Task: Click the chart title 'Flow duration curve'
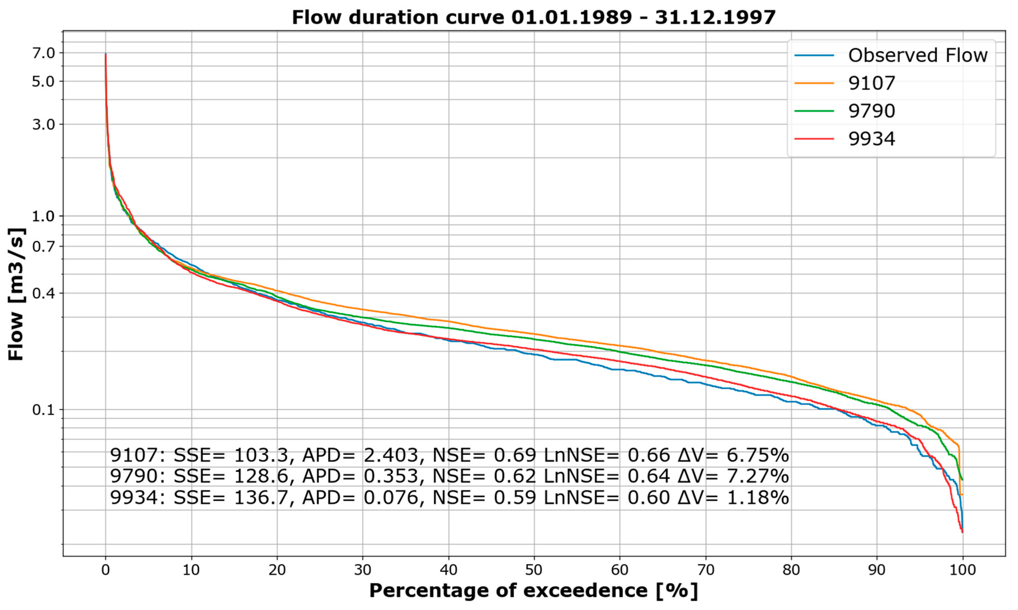tap(534, 17)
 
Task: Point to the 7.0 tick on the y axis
tap(44, 53)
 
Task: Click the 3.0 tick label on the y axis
tap(44, 124)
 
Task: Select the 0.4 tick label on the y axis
tap(44, 294)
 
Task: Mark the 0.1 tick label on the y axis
tap(44, 409)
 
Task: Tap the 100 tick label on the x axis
tap(962, 570)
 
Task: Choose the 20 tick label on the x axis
tap(277, 570)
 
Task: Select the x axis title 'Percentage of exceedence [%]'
tap(534, 591)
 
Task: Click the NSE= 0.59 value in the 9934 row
tap(484, 498)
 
